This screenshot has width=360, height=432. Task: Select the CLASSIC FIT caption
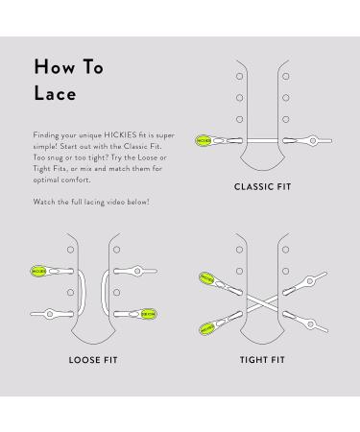pos(261,186)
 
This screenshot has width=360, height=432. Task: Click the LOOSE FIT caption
pos(93,360)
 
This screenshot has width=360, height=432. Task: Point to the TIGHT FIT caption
pos(261,360)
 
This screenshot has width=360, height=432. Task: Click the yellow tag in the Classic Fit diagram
pos(203,141)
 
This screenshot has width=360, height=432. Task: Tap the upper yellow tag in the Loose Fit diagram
pos(39,272)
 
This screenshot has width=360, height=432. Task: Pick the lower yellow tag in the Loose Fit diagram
pos(151,312)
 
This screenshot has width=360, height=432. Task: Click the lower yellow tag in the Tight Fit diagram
pos(205,328)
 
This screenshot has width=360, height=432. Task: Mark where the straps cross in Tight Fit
pos(261,303)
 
